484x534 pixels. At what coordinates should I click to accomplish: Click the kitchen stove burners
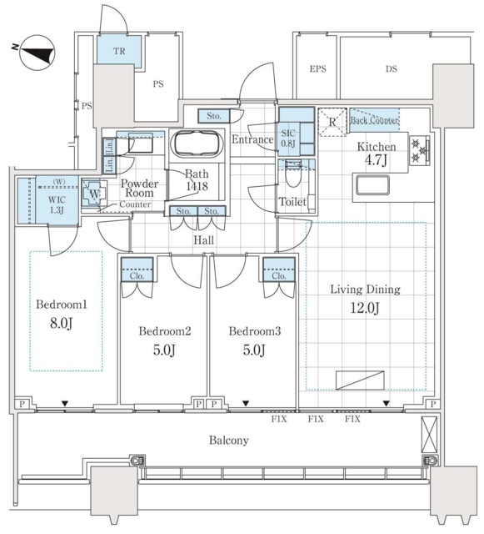[419, 150]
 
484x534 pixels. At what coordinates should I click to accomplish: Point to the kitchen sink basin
[372, 185]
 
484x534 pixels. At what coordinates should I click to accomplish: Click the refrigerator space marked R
[332, 122]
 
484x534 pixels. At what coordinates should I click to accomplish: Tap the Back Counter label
[374, 120]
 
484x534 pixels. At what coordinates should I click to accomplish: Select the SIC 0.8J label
[288, 138]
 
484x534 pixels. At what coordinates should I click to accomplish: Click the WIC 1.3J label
[57, 204]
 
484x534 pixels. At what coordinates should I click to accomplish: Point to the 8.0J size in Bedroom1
[61, 323]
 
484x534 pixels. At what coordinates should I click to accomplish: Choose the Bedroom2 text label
[165, 331]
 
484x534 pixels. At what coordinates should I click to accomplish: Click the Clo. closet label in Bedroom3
[279, 276]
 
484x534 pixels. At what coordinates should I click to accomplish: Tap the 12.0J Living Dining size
[365, 308]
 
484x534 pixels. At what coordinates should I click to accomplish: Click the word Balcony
[228, 441]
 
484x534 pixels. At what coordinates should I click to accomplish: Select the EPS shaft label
[318, 68]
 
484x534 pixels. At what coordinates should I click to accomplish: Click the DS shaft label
[392, 68]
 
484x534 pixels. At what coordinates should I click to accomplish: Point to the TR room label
[119, 52]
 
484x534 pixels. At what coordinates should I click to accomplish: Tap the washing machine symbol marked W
[95, 194]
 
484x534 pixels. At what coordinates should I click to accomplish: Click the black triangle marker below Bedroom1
[65, 404]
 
